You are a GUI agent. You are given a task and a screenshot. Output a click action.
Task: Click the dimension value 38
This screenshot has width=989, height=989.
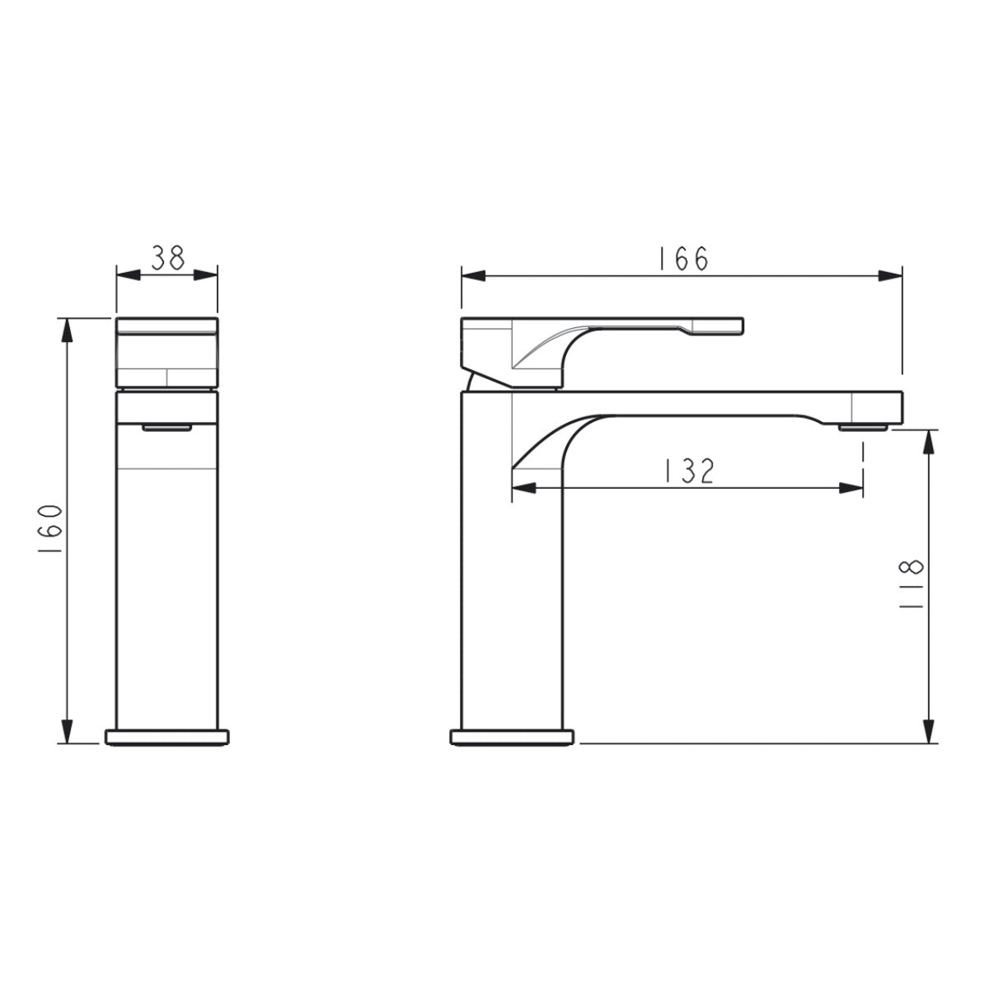pyautogui.click(x=168, y=258)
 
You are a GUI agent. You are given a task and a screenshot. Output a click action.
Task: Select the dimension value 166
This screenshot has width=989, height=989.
pyautogui.click(x=683, y=258)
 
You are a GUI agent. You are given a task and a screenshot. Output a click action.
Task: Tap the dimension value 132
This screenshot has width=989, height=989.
pyautogui.click(x=689, y=471)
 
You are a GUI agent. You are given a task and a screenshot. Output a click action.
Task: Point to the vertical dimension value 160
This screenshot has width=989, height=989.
pyautogui.click(x=49, y=528)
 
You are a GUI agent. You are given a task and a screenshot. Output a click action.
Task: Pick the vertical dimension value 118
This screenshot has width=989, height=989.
pyautogui.click(x=911, y=584)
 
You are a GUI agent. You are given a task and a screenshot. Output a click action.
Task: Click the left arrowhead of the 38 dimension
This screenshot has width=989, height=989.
pyautogui.click(x=129, y=275)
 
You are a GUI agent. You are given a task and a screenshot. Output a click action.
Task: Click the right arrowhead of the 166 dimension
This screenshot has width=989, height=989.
pyautogui.click(x=890, y=275)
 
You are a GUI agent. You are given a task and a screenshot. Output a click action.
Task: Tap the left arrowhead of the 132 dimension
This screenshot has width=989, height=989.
pyautogui.click(x=523, y=488)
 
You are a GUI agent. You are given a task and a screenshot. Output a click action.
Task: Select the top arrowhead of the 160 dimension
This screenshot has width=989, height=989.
pyautogui.click(x=67, y=330)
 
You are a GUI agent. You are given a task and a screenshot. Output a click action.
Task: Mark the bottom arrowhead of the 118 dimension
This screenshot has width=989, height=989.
pyautogui.click(x=928, y=731)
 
